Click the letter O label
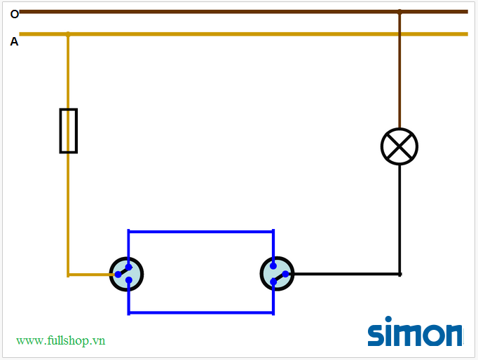click(x=15, y=14)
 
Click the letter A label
click(x=14, y=42)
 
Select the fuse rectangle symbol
click(x=68, y=130)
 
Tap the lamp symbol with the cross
click(x=400, y=147)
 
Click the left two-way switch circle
click(x=126, y=274)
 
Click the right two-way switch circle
click(x=277, y=274)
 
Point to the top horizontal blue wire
click(x=200, y=231)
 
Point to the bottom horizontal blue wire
click(x=200, y=312)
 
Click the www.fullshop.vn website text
click(x=61, y=340)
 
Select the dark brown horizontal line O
click(x=210, y=12)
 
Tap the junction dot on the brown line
click(x=400, y=12)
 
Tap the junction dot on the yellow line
click(x=68, y=34)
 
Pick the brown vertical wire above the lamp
click(x=400, y=70)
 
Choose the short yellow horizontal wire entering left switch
click(x=89, y=274)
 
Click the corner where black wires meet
click(x=400, y=274)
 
